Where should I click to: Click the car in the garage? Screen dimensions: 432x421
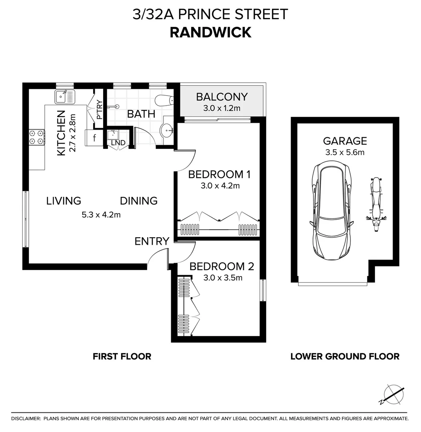[x=331, y=210]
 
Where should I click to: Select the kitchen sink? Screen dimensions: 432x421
[x=65, y=96]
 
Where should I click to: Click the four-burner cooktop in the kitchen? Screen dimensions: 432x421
[x=36, y=137]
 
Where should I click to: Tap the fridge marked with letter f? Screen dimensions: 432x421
[x=94, y=139]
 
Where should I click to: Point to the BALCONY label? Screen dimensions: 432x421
[x=221, y=97]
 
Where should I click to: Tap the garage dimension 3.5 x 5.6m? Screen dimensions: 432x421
[x=345, y=152]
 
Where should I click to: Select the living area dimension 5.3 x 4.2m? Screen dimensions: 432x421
[x=101, y=215]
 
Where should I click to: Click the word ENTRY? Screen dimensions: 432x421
[x=152, y=241]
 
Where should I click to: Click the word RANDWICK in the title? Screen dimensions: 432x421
[x=210, y=32]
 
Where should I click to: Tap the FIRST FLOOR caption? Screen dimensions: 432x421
[x=122, y=356]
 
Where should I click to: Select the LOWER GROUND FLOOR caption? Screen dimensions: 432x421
[x=345, y=356]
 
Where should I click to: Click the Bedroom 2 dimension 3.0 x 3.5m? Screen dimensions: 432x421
[x=223, y=278]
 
